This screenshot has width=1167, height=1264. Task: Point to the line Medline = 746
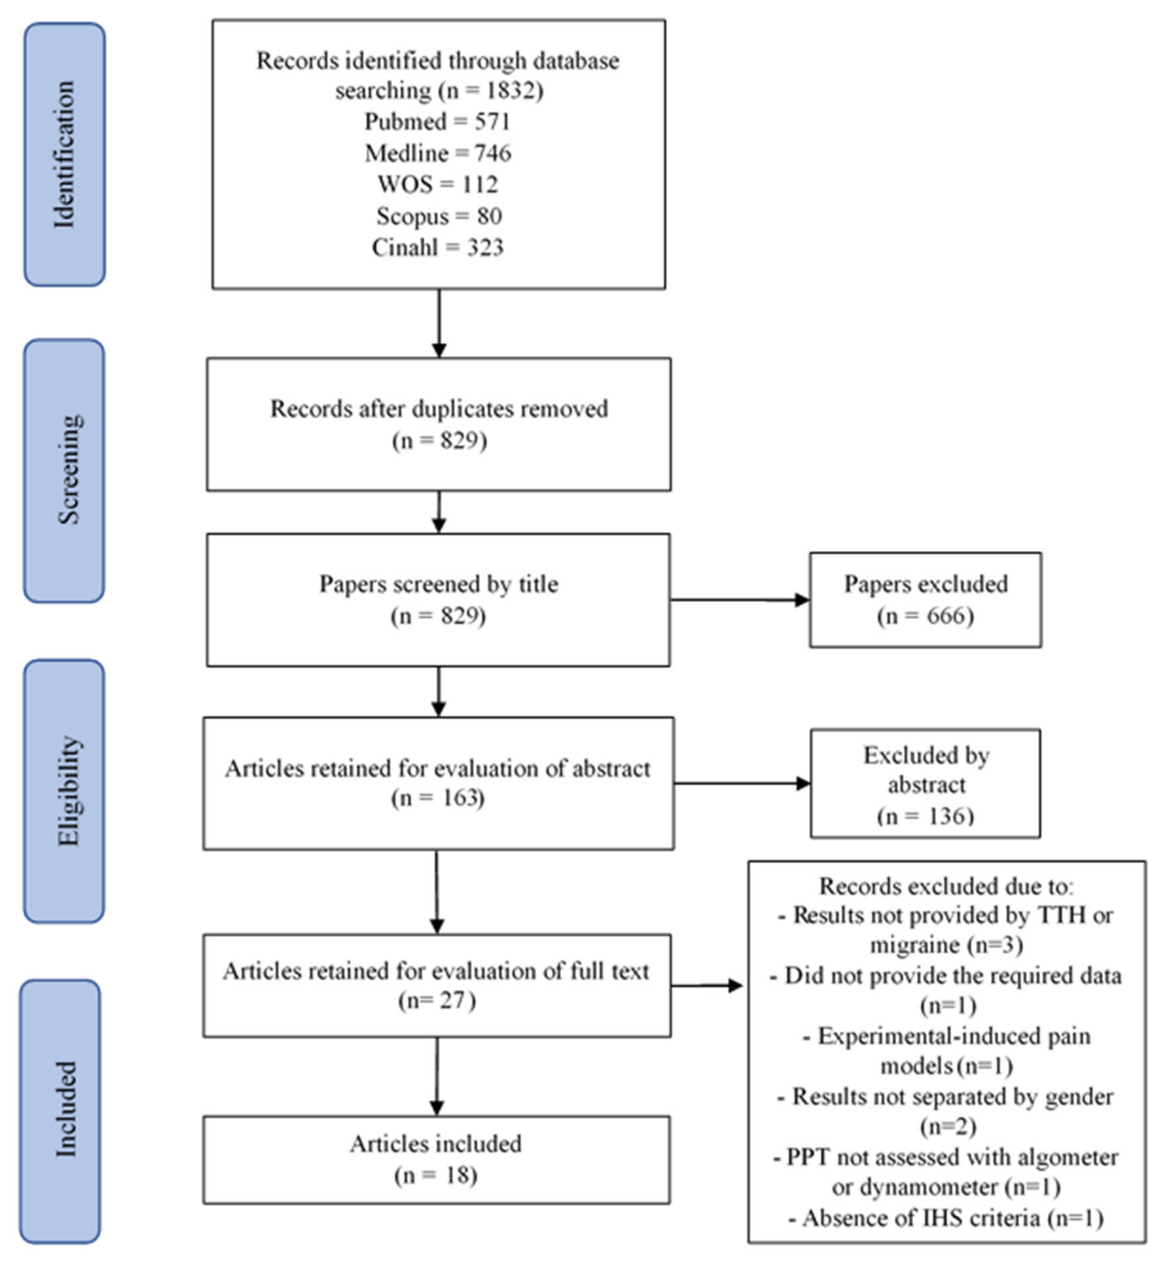(438, 153)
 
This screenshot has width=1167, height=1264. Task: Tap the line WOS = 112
(438, 185)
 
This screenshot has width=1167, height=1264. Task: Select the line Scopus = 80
(439, 216)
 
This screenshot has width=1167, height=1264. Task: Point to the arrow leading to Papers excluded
(739, 600)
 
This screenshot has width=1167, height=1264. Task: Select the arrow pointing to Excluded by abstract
(742, 783)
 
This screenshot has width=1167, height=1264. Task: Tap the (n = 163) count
(438, 798)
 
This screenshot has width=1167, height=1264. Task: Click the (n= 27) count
(437, 1000)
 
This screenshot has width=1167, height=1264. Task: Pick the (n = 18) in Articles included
(436, 1175)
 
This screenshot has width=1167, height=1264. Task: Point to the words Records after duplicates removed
(439, 408)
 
